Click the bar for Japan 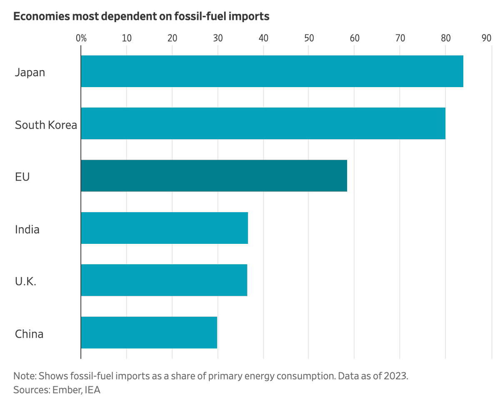pos(272,71)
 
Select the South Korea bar pos(263,123)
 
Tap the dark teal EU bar pos(214,176)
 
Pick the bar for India pos(164,228)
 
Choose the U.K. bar pos(164,280)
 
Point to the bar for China pos(149,332)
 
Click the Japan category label pos(30,72)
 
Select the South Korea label pos(46,125)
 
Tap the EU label pos(22,177)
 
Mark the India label pos(27,229)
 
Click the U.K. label pos(25,281)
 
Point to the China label pos(29,333)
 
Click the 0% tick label pos(81,38)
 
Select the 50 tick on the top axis pos(309,38)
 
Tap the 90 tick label pos(486,38)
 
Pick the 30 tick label pos(217,38)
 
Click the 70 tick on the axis pos(400,38)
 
